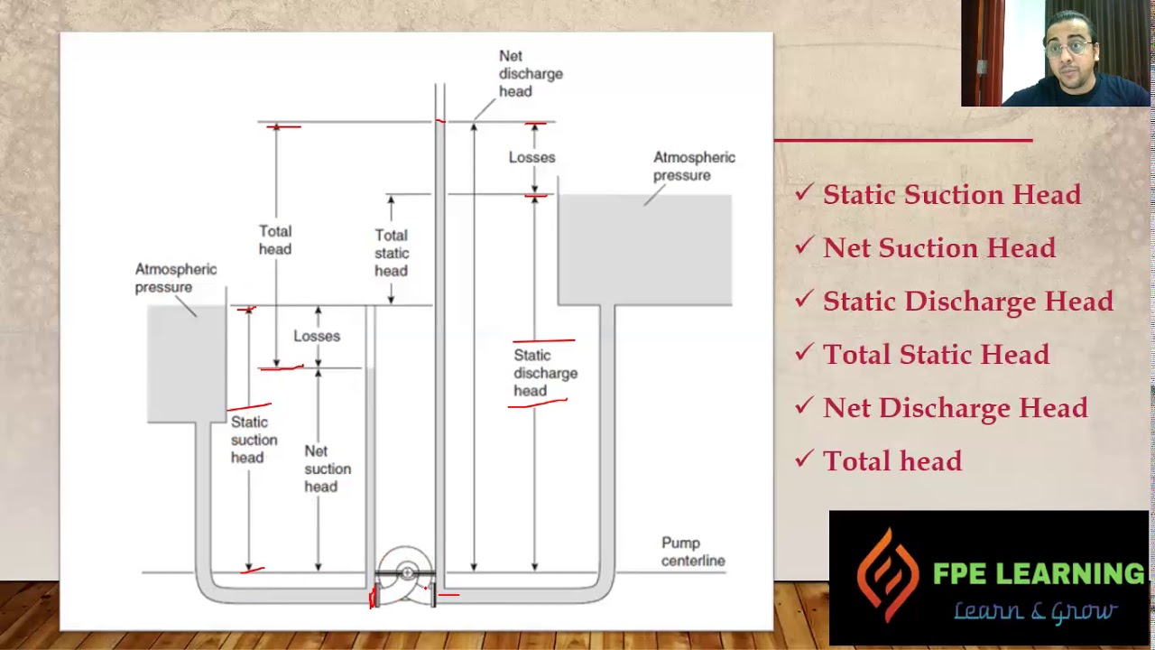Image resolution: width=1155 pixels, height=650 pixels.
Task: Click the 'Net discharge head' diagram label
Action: pos(531,74)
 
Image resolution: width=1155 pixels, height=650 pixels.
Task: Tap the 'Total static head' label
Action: pos(392,253)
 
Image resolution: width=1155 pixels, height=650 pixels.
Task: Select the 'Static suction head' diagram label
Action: pos(254,440)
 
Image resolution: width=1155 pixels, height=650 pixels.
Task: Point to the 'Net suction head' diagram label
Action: pos(328,469)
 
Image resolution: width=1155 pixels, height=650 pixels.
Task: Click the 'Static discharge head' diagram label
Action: pos(545,373)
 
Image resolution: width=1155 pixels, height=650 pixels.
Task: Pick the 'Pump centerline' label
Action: pos(693,552)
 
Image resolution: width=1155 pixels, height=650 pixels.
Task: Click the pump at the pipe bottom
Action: pos(405,576)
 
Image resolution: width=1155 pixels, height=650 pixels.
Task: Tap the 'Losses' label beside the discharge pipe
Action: pos(531,157)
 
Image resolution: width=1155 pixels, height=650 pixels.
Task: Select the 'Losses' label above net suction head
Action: pos(317,336)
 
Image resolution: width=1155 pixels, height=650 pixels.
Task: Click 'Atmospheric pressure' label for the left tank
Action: pos(175,278)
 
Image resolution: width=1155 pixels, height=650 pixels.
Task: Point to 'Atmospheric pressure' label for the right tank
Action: pos(694,166)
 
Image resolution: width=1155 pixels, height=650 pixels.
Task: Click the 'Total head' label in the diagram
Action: pos(275,240)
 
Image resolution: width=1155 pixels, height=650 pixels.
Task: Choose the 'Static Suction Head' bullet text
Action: pos(951,194)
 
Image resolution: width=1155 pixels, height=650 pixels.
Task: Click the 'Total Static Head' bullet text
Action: pos(936,354)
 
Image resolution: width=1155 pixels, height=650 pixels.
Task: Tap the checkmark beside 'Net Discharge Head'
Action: pos(804,404)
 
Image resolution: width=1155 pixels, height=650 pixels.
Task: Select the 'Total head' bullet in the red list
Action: pos(892,460)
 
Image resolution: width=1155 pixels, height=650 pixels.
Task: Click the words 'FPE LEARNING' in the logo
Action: pos(1039,573)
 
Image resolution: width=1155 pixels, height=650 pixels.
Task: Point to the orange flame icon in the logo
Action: pos(888,574)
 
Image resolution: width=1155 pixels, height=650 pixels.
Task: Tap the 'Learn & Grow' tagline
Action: pos(1035,612)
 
